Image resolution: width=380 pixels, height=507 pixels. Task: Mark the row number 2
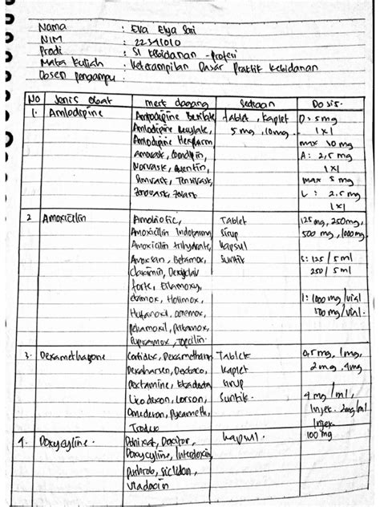pos(30,217)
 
